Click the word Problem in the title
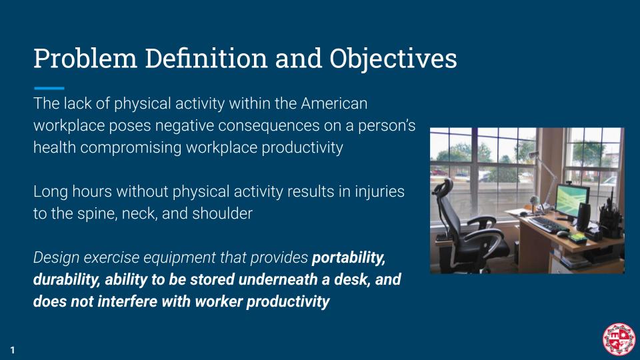point(85,59)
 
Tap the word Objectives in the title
point(393,59)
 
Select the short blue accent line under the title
point(49,88)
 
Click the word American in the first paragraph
point(334,103)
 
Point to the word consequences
point(269,125)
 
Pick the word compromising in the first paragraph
point(131,148)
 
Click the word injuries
point(379,191)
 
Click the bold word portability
point(348,258)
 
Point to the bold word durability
point(67,279)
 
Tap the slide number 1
point(13,350)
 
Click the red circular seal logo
point(619,339)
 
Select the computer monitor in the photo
point(572,200)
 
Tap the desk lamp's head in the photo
point(533,154)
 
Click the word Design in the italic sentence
point(56,258)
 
